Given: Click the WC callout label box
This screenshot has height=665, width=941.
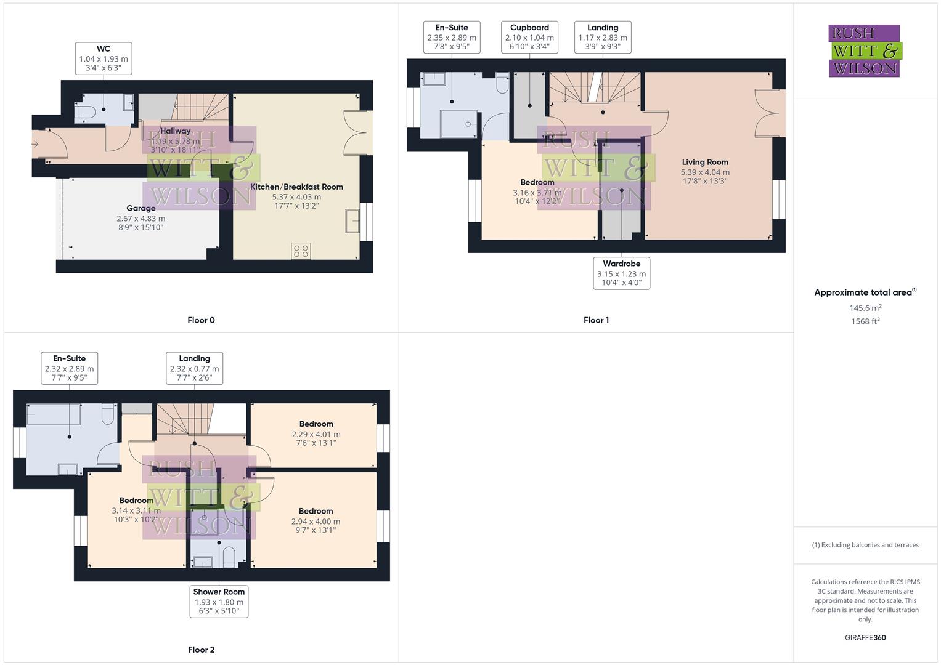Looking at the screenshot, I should [x=104, y=58].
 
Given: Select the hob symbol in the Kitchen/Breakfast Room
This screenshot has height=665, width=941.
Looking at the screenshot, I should [x=301, y=251].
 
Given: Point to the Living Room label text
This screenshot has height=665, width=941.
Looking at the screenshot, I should [x=705, y=163].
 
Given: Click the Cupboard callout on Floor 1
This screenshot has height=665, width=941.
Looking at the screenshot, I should [x=529, y=37].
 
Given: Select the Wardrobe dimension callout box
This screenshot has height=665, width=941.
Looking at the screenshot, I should [x=621, y=273].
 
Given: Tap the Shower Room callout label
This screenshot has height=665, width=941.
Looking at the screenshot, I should [x=219, y=602].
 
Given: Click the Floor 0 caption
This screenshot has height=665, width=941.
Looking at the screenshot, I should [x=201, y=320].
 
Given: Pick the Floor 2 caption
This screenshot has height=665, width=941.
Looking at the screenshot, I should [x=201, y=650].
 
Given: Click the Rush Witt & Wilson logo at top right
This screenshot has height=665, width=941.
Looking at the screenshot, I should [x=864, y=50].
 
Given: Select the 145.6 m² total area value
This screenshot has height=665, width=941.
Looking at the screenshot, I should [x=865, y=308].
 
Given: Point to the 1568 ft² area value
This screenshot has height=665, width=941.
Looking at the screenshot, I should [x=865, y=321].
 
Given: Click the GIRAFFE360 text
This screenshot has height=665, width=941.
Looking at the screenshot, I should [x=865, y=638].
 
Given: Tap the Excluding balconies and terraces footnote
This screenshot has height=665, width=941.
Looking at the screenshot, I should [x=865, y=545].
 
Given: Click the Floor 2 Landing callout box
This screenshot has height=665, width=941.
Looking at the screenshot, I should [x=194, y=368].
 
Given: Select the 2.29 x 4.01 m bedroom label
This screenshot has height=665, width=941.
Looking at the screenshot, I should [x=316, y=433].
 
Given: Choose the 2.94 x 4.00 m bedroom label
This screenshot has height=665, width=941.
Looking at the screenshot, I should [x=316, y=521].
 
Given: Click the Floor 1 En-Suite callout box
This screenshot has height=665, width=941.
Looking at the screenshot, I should [x=452, y=37].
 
